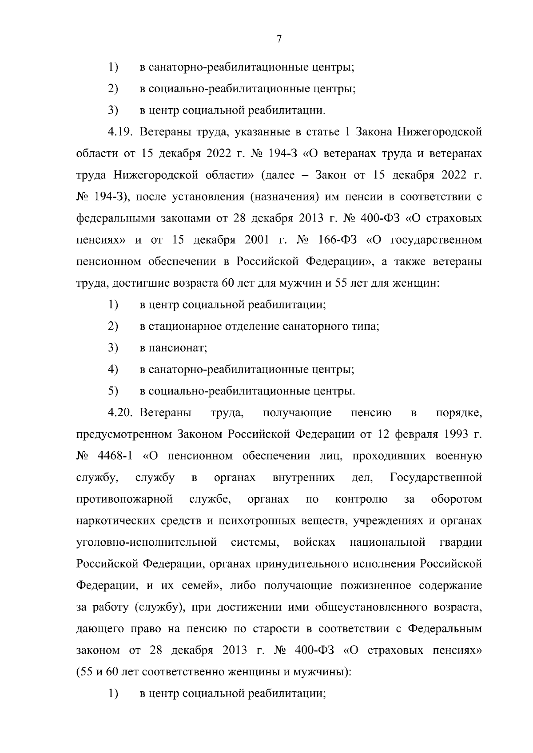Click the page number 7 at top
[x=279, y=39]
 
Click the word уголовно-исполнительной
[x=147, y=543]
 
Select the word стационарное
[x=183, y=327]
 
